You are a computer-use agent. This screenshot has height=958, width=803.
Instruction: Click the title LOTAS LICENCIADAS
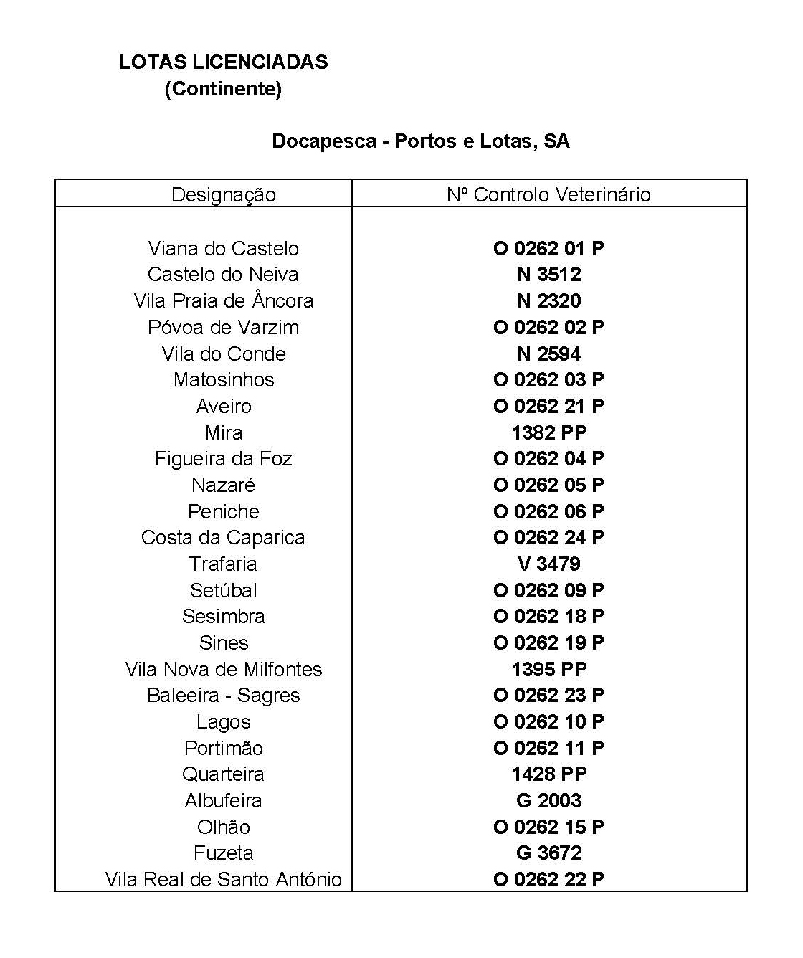click(224, 62)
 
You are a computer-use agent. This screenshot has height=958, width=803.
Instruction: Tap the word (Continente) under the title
click(223, 89)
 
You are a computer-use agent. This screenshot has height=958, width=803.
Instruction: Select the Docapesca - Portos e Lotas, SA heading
click(421, 141)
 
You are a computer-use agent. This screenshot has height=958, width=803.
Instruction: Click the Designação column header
click(223, 194)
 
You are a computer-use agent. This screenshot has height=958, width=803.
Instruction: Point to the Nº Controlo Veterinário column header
click(548, 194)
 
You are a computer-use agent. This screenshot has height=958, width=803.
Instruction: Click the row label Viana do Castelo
click(223, 249)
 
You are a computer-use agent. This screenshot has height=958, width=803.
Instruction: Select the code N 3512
click(548, 275)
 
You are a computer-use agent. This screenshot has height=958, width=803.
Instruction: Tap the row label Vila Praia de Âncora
click(223, 301)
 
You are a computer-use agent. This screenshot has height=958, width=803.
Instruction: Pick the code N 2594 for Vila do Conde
click(548, 354)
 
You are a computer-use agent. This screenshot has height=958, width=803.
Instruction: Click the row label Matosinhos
click(223, 380)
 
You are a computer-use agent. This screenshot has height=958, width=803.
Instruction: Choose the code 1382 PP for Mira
click(548, 432)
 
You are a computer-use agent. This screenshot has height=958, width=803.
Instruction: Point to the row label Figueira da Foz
click(223, 459)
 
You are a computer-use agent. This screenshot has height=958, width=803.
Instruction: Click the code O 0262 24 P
click(548, 538)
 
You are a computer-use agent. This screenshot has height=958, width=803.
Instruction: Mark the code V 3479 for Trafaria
click(548, 564)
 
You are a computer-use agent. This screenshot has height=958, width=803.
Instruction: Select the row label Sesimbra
click(223, 617)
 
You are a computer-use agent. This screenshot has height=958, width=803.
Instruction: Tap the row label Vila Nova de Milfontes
click(223, 670)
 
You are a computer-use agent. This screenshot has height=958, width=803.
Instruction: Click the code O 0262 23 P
click(548, 696)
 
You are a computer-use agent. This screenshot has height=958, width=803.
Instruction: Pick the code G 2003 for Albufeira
click(548, 801)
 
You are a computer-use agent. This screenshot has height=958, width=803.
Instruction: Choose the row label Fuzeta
click(223, 853)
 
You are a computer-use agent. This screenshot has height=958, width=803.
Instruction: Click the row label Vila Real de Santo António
click(223, 880)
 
